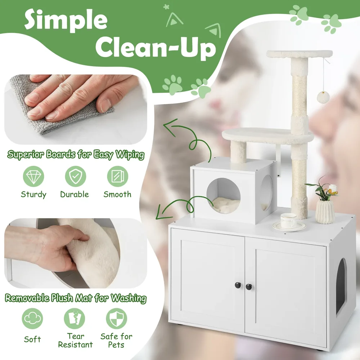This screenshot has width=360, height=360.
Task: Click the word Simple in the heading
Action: (x=66, y=20)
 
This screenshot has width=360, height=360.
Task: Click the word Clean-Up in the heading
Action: (x=156, y=49)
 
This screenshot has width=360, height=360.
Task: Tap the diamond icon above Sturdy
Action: (x=33, y=176)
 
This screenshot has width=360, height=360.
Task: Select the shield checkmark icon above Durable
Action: (x=76, y=176)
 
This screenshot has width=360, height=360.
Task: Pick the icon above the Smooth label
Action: (x=118, y=176)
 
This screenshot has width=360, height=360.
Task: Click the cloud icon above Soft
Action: (x=32, y=319)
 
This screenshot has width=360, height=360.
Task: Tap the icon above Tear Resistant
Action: (x=75, y=319)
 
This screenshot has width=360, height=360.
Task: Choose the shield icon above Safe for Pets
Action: (x=117, y=319)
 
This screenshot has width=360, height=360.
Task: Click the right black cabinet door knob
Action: (x=249, y=287)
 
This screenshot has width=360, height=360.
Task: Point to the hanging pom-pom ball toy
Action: (x=323, y=97)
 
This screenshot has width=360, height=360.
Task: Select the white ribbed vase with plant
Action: (x=325, y=211)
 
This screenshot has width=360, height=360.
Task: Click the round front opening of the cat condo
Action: (x=224, y=195)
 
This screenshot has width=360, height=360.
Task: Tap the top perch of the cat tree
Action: (x=300, y=54)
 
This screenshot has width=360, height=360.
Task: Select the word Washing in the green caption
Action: (x=129, y=298)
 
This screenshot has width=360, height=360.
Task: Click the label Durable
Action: (x=75, y=194)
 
